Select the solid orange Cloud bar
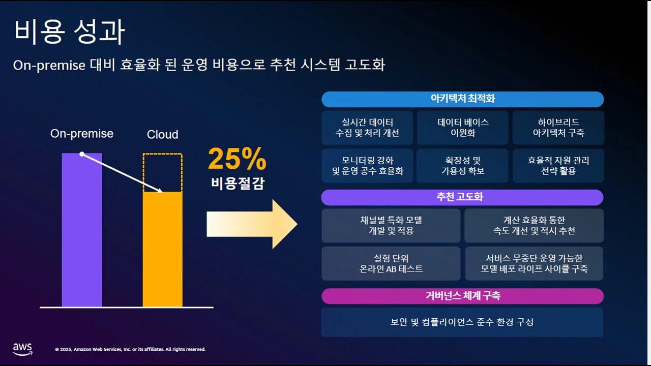(x=162, y=249)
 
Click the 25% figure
(x=237, y=160)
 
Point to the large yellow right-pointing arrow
(x=252, y=224)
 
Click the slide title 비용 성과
(x=69, y=32)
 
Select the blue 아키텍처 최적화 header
(x=462, y=99)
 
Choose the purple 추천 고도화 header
(x=462, y=197)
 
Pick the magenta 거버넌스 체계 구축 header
(x=462, y=296)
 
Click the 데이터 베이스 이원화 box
(x=462, y=128)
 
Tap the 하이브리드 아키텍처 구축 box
(x=558, y=128)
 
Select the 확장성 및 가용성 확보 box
(x=462, y=166)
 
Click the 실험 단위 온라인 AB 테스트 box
(x=391, y=263)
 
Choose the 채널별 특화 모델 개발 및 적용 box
(x=391, y=225)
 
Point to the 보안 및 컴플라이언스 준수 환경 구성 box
(x=462, y=322)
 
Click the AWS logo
(x=22, y=349)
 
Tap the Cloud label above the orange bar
(x=162, y=135)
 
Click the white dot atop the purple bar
(x=81, y=154)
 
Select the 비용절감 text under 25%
(x=238, y=184)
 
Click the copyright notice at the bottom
(x=130, y=349)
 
